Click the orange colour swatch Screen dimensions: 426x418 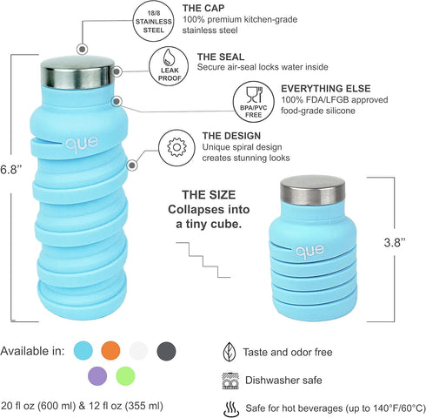110,351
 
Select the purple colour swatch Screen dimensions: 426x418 97,376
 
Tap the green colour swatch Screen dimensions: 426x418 125,376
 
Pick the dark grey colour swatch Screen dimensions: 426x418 166,351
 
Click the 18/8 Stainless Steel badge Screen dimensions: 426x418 154,21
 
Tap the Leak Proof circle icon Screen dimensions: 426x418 169,66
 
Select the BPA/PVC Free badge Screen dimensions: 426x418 254,102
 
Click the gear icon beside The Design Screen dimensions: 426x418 177,147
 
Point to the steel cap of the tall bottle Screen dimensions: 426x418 77,73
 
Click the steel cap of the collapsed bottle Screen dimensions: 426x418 313,191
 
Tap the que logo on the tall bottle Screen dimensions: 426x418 82,144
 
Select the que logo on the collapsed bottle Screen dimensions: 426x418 310,251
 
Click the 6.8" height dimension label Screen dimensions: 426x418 11,170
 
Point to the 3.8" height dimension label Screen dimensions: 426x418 395,242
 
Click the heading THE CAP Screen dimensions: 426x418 203,8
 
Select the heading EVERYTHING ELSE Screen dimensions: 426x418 326,89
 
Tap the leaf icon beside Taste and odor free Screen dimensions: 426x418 230,352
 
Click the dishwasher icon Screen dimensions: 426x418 230,381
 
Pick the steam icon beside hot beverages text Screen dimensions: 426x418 231,408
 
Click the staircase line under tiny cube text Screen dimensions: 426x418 203,260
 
